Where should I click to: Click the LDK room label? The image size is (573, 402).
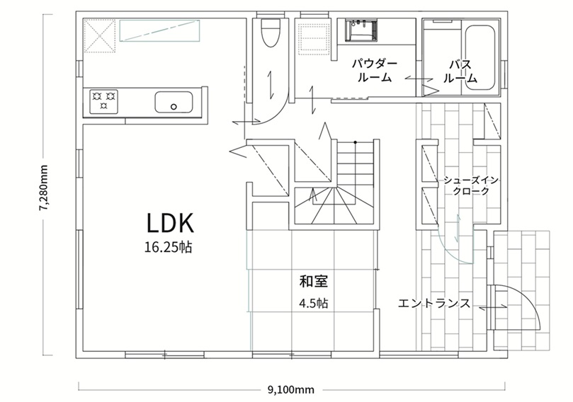coord(170,223)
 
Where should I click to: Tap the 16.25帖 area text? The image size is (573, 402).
coord(168,248)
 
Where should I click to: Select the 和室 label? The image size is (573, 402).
coord(314,281)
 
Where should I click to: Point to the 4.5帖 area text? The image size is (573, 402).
coord(313,304)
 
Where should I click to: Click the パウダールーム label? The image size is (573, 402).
coord(375,71)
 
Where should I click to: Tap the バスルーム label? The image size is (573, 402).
coord(460,71)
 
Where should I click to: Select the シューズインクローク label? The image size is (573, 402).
coord(471,185)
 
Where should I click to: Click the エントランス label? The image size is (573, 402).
coord(434,304)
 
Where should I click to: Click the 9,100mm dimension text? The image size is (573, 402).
coord(291,390)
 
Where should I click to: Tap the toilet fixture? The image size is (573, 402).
coord(271,33)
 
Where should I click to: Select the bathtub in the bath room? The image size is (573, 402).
coord(480,58)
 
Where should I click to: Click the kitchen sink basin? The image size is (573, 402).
coord(174,102)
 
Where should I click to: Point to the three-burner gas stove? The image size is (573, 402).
coord(104,100)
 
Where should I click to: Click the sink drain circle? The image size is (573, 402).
coord(174,107)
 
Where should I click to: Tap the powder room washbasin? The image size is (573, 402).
coord(362,30)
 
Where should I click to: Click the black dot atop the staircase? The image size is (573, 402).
coord(355,142)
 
